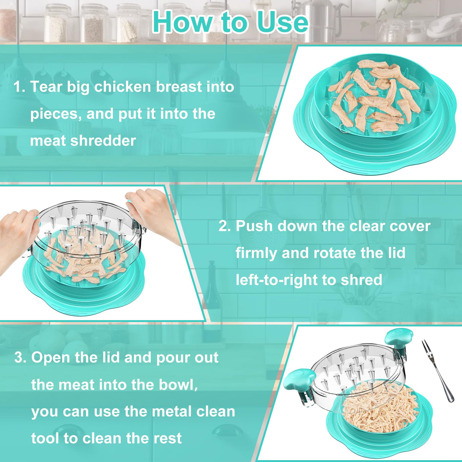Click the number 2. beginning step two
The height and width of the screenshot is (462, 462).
225,226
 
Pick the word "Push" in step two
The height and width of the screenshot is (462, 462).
254,226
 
